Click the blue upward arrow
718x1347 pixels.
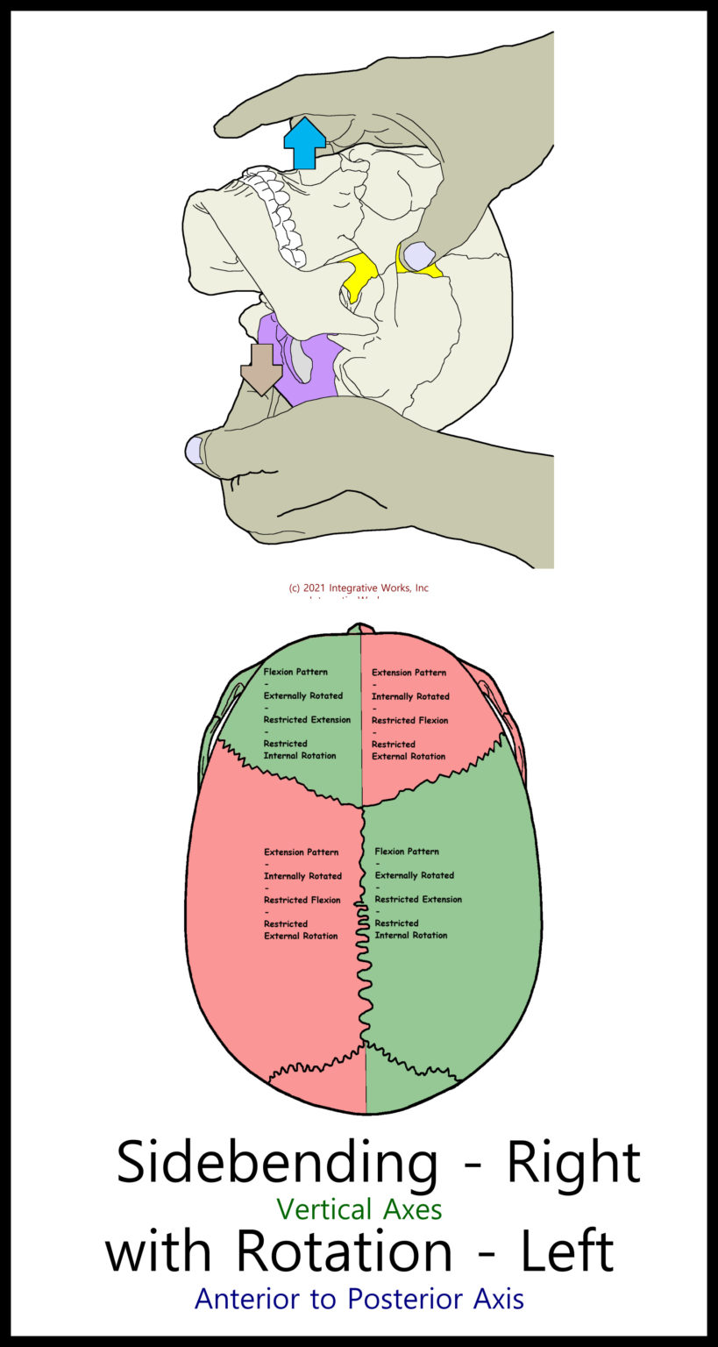[x=304, y=142]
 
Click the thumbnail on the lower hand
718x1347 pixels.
[x=194, y=450]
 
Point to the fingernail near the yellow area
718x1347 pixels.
[x=418, y=255]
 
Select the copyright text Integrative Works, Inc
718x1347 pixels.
[x=359, y=588]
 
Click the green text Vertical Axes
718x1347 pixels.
[x=359, y=1209]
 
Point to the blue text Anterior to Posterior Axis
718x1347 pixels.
[x=359, y=1299]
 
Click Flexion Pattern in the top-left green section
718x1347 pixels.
[x=295, y=672]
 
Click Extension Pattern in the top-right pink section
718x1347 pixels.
[x=409, y=673]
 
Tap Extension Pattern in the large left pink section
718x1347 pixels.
[x=301, y=852]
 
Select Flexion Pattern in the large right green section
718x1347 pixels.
[x=407, y=851]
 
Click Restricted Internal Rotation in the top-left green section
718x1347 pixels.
[x=299, y=750]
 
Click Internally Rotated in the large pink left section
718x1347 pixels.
[x=302, y=876]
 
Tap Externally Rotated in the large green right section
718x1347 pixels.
[x=414, y=875]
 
